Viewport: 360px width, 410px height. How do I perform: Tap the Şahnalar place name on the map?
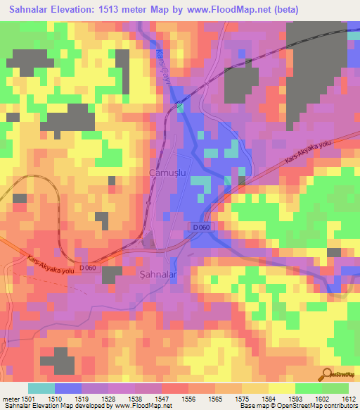[x=158, y=273]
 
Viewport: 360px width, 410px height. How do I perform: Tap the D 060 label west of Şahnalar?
[x=89, y=268]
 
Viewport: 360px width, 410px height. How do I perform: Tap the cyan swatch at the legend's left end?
[x=41, y=388]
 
